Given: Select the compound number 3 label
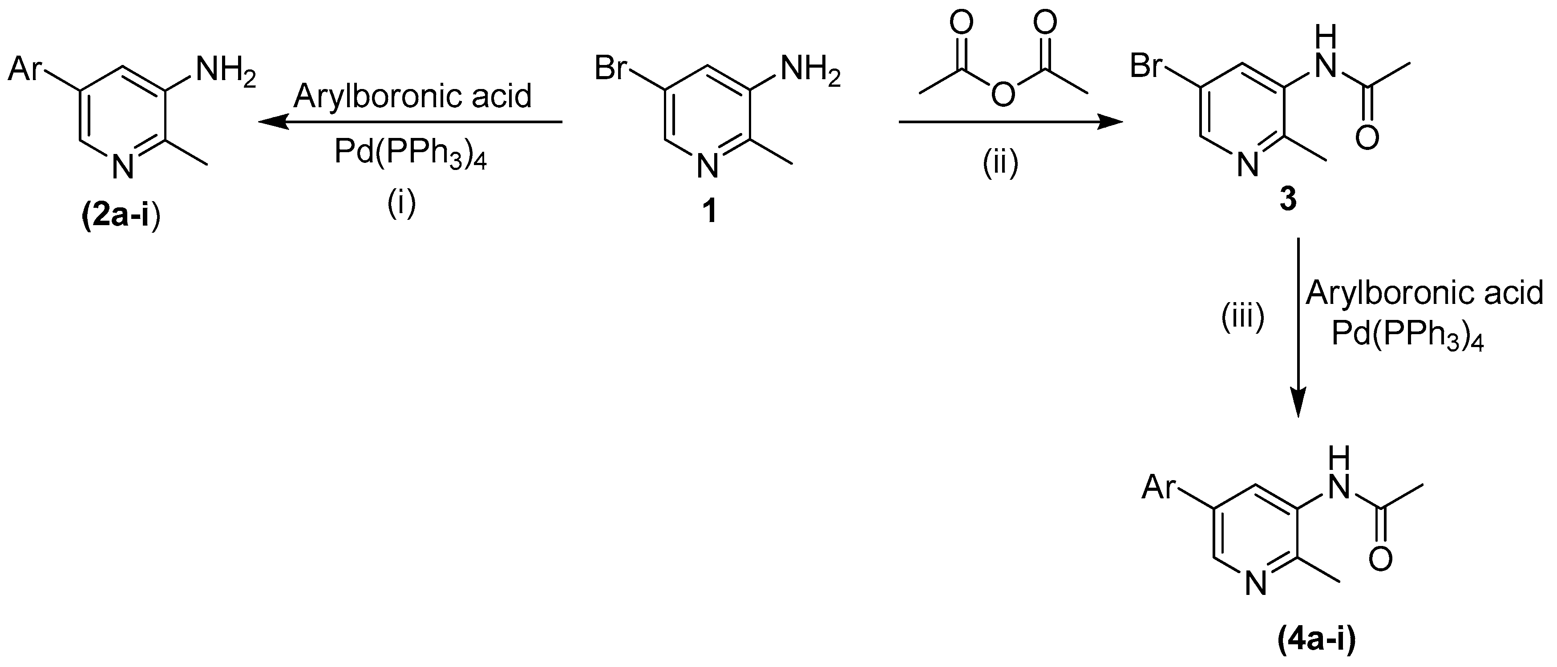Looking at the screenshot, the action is pyautogui.click(x=1287, y=199).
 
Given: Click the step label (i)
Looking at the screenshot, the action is pyautogui.click(x=401, y=204).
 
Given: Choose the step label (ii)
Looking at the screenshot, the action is pyautogui.click(x=1000, y=164).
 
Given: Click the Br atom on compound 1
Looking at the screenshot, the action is pyautogui.click(x=611, y=67).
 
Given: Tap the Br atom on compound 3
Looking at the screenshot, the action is pyautogui.click(x=1147, y=66).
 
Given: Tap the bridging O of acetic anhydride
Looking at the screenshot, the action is pyautogui.click(x=1003, y=95).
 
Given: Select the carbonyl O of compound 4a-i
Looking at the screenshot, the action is pyautogui.click(x=1380, y=559).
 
